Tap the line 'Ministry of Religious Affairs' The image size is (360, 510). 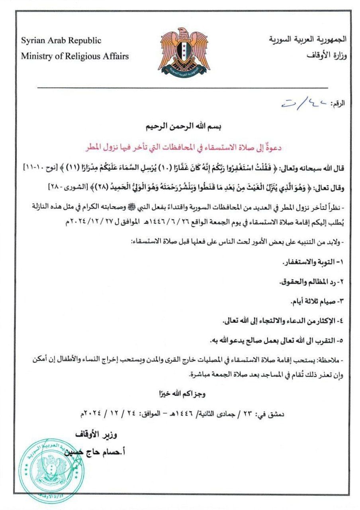(x=75, y=56)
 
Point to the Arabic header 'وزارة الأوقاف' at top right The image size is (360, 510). (x=327, y=55)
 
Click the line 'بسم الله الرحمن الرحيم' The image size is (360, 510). (x=180, y=128)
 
